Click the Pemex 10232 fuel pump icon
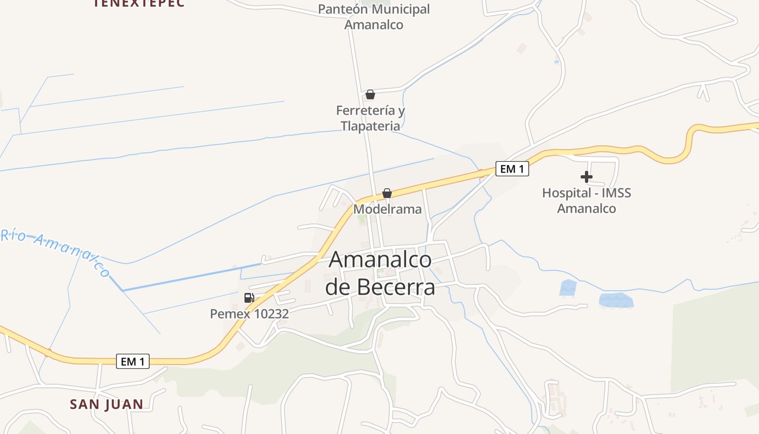pyautogui.click(x=249, y=297)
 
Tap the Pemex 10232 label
pyautogui.click(x=249, y=314)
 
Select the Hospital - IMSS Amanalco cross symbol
pyautogui.click(x=586, y=177)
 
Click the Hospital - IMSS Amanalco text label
pyautogui.click(x=587, y=201)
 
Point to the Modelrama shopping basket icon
pyautogui.click(x=387, y=193)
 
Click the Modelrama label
pyautogui.click(x=387, y=209)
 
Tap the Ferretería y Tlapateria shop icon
pyautogui.click(x=370, y=95)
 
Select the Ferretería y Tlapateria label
pyautogui.click(x=370, y=118)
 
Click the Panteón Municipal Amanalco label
pyautogui.click(x=374, y=17)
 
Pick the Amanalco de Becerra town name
pyautogui.click(x=380, y=273)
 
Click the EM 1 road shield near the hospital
pyautogui.click(x=512, y=169)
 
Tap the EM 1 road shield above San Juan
pyautogui.click(x=133, y=361)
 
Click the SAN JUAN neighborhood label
pyautogui.click(x=107, y=404)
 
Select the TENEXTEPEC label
pyautogui.click(x=139, y=3)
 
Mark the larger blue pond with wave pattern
pyautogui.click(x=616, y=301)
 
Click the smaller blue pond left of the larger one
pyautogui.click(x=568, y=288)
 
